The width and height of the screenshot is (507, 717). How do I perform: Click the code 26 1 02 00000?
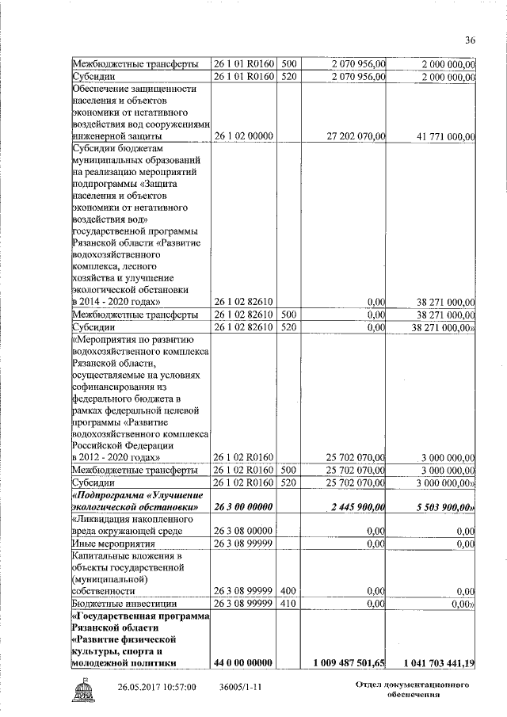coord(242,136)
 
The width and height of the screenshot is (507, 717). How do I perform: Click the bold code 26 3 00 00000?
coord(242,506)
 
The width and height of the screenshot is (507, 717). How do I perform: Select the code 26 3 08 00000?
coord(242,531)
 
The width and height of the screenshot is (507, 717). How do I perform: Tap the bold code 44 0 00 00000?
coord(242,662)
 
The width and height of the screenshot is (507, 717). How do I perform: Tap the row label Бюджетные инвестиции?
coord(119,604)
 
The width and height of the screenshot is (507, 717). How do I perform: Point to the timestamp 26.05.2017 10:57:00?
coord(157,688)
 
